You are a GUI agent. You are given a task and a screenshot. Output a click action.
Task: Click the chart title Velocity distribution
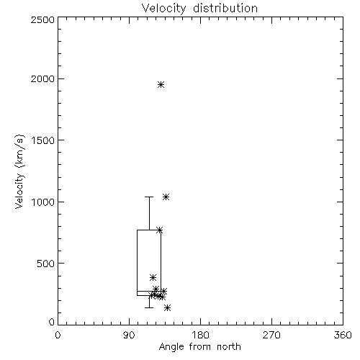(199, 9)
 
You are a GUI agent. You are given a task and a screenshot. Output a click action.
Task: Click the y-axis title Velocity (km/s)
(19, 172)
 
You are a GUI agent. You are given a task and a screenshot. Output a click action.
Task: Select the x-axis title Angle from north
(199, 346)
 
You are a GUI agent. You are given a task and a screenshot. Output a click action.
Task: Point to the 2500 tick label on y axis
(42, 19)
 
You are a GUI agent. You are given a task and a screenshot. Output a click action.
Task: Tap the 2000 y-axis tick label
(42, 78)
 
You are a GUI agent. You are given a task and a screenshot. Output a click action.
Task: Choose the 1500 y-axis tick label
(43, 140)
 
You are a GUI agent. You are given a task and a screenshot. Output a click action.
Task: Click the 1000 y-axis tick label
(43, 202)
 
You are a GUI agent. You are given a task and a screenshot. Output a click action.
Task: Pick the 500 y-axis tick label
(46, 264)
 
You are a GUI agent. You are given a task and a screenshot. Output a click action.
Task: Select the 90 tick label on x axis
(129, 335)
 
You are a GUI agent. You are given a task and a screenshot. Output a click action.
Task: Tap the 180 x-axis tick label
(200, 335)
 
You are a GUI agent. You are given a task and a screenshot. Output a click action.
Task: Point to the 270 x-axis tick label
(271, 335)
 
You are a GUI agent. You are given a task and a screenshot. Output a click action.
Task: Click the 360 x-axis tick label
(343, 335)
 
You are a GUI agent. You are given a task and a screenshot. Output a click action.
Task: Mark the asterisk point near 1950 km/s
(161, 85)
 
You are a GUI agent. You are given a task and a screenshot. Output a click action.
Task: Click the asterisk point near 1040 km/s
(166, 197)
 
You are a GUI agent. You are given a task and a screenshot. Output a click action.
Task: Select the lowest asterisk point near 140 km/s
(168, 307)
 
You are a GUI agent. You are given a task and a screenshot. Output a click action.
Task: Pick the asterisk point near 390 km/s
(153, 278)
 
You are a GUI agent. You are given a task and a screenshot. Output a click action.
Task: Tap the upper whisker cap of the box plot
(149, 197)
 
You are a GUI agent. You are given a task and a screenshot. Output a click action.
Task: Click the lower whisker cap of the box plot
(149, 307)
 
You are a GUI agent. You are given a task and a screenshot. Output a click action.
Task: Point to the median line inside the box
(149, 291)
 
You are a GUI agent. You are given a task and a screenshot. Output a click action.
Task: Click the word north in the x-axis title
(229, 346)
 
